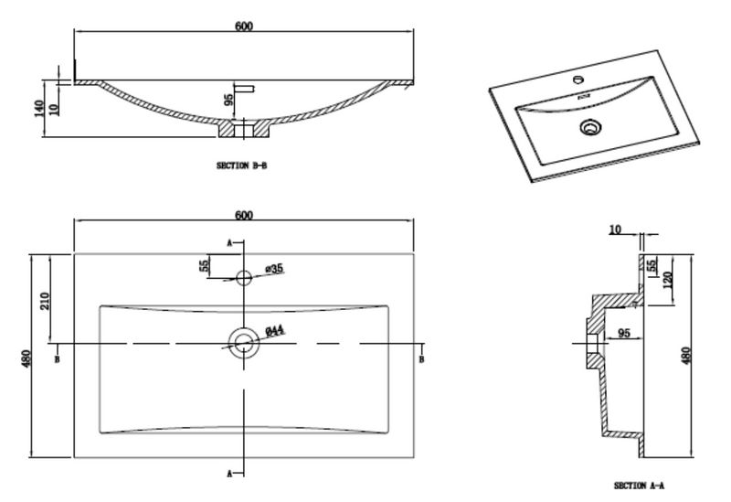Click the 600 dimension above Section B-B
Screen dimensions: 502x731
[x=243, y=26]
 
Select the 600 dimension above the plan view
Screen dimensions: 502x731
[x=243, y=216]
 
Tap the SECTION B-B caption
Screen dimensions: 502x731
[x=241, y=166]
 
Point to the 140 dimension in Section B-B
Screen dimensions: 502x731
[x=38, y=109]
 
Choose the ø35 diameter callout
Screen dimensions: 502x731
[x=274, y=269]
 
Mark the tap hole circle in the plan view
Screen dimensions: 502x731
[x=243, y=277]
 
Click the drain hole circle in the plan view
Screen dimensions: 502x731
[x=243, y=344]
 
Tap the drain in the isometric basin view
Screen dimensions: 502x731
[x=590, y=127]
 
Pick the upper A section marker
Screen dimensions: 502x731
[x=230, y=243]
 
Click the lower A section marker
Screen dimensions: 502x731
[x=230, y=473]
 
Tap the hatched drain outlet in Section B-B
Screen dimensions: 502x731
[x=243, y=130]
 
